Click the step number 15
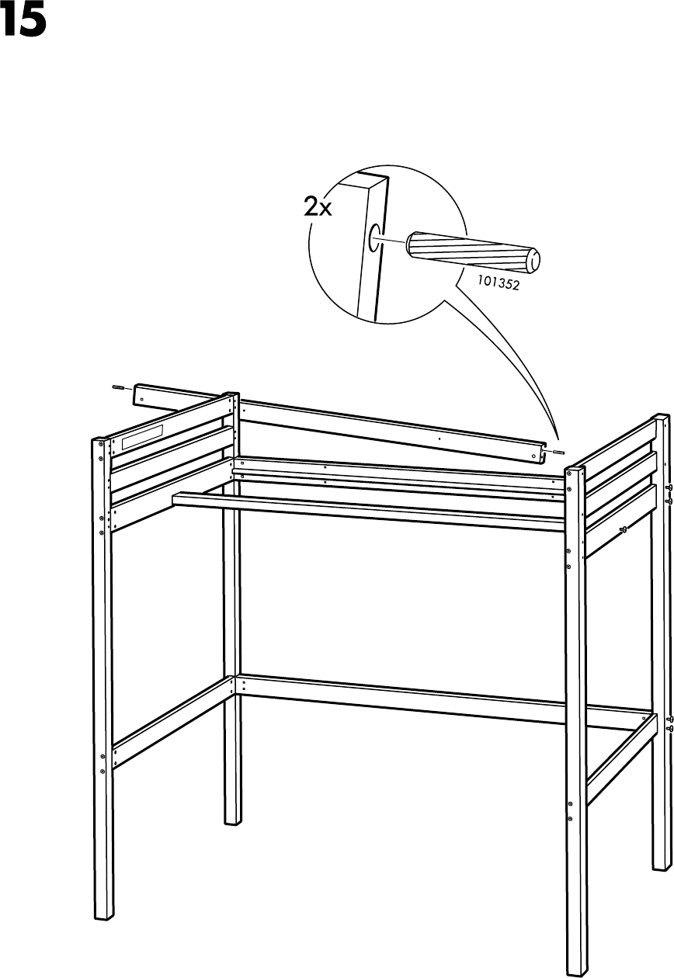[x=24, y=23]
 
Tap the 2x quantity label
[x=317, y=207]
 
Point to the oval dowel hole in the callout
[x=377, y=238]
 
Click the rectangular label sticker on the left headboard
[x=141, y=436]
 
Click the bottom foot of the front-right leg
[x=576, y=966]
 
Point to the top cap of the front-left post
[x=101, y=440]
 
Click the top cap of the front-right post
[x=574, y=468]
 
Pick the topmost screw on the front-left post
[x=101, y=456]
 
